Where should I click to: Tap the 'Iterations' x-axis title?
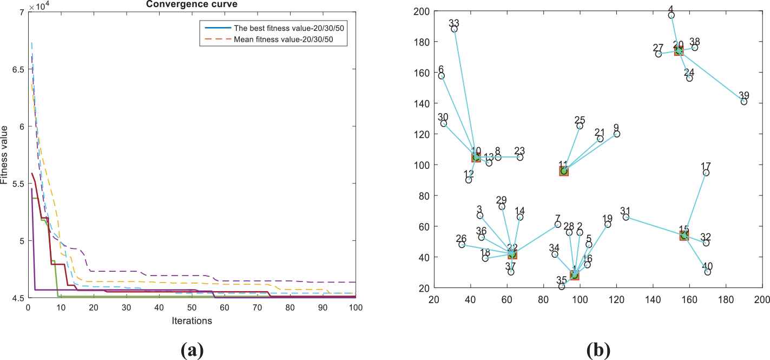coord(192,320)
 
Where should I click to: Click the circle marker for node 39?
coord(744,102)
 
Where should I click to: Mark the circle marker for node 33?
coord(454,29)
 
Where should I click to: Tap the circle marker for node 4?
coord(672,15)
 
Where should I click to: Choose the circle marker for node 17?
coord(706,173)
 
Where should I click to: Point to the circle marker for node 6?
coord(442,76)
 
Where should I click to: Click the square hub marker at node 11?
coord(564,171)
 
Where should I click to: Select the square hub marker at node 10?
coord(476,157)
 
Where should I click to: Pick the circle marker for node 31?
coord(626,217)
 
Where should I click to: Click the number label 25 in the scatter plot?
coord(580,120)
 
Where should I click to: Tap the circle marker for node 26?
coord(462,245)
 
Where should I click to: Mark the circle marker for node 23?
coord(520,157)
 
